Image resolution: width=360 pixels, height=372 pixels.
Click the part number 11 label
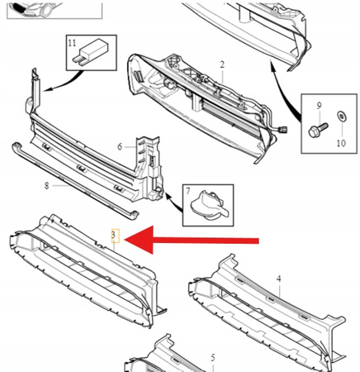pyautogui.click(x=72, y=43)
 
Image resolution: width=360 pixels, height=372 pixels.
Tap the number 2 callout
pyautogui.click(x=222, y=64)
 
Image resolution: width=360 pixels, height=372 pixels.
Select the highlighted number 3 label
pyautogui.click(x=115, y=236)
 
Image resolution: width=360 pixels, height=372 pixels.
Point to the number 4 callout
pyautogui.click(x=279, y=279)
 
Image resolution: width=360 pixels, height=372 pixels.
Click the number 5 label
pyautogui.click(x=213, y=358)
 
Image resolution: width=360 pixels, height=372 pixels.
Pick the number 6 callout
pyautogui.click(x=120, y=146)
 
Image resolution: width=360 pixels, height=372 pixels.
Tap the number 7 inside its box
pyautogui.click(x=188, y=191)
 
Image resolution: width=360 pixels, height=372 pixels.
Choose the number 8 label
pyautogui.click(x=46, y=186)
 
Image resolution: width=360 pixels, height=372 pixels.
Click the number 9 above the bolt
pyautogui.click(x=319, y=105)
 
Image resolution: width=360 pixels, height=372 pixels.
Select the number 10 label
pyautogui.click(x=341, y=143)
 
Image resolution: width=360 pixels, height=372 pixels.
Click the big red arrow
pyautogui.click(x=192, y=240)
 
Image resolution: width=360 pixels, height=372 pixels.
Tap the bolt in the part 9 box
pyautogui.click(x=318, y=130)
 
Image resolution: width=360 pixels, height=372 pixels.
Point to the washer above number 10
pyautogui.click(x=342, y=117)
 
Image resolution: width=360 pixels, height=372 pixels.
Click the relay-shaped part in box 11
pyautogui.click(x=89, y=53)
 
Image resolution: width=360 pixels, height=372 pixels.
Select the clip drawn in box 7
pyautogui.click(x=209, y=205)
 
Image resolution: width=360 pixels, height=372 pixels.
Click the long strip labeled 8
pyautogui.click(x=74, y=180)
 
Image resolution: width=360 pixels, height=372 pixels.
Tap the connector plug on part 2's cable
pyautogui.click(x=283, y=129)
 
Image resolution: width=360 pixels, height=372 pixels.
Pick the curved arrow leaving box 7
pyautogui.click(x=173, y=203)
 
